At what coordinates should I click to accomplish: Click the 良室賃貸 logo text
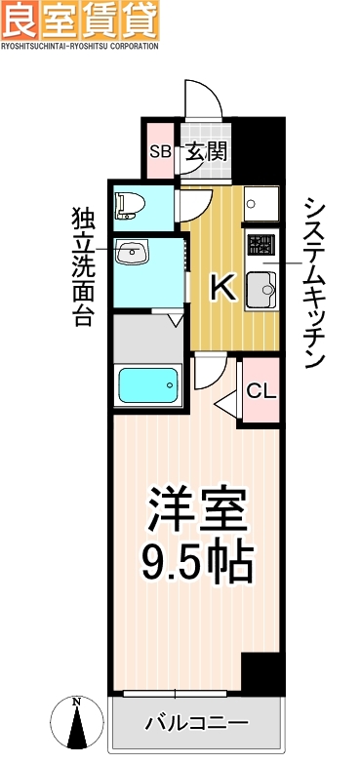point(79,20)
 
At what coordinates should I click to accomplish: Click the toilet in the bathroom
point(130,204)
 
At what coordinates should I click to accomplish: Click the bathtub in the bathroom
point(147,385)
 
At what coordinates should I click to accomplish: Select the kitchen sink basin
point(260,289)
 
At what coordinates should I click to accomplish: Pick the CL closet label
point(260,391)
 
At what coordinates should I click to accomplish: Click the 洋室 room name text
point(198,508)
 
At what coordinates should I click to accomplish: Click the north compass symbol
point(75,722)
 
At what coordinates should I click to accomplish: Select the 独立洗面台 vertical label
point(81,265)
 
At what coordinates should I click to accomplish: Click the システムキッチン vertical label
point(314,282)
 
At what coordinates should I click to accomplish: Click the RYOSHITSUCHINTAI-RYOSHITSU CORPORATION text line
point(79,46)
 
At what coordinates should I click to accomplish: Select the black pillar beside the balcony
point(261,672)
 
